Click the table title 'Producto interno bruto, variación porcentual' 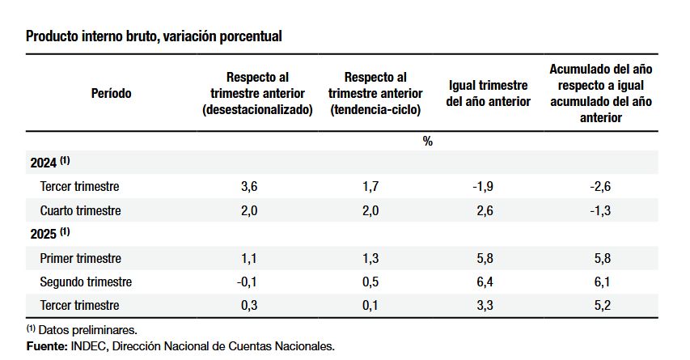click(154, 36)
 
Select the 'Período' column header click(112, 93)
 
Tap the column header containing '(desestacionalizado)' click(257, 93)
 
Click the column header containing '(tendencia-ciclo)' click(375, 93)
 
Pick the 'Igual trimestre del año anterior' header click(488, 93)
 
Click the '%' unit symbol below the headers click(427, 141)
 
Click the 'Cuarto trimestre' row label click(80, 210)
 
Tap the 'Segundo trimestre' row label click(86, 282)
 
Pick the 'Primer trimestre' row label click(80, 258)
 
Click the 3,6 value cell click(251, 187)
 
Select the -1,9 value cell click(483, 187)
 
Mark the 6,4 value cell click(484, 282)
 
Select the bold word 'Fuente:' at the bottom click(47, 346)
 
